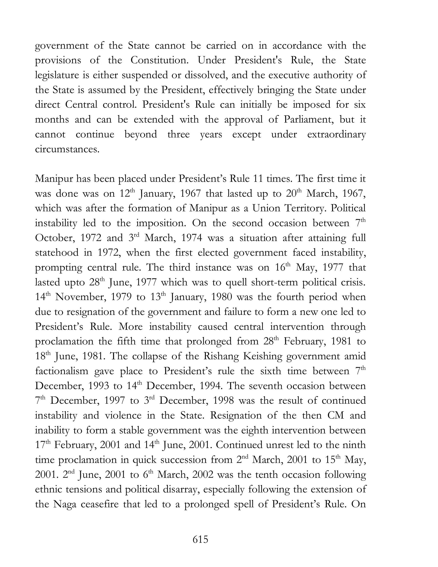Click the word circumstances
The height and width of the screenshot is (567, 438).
pyautogui.click(x=67, y=149)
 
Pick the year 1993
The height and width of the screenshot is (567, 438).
pyautogui.click(x=98, y=386)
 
